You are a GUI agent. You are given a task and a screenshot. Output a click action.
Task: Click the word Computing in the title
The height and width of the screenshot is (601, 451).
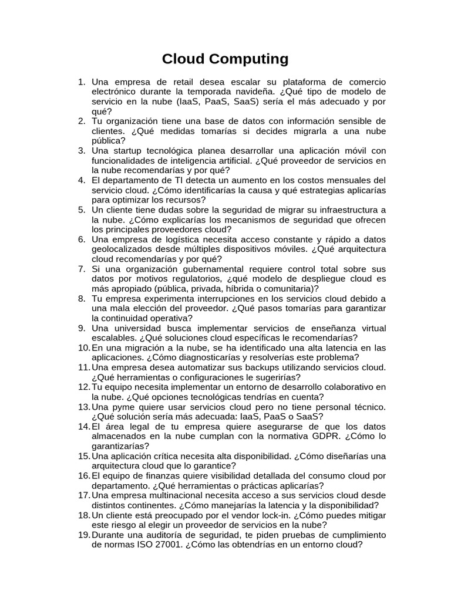250,59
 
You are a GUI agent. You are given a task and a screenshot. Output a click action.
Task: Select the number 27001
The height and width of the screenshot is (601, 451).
164,545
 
